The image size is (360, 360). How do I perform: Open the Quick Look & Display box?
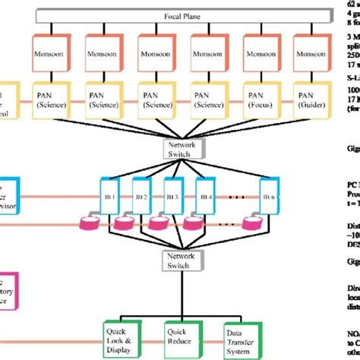(121, 335)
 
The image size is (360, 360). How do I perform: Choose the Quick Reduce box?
(182, 335)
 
